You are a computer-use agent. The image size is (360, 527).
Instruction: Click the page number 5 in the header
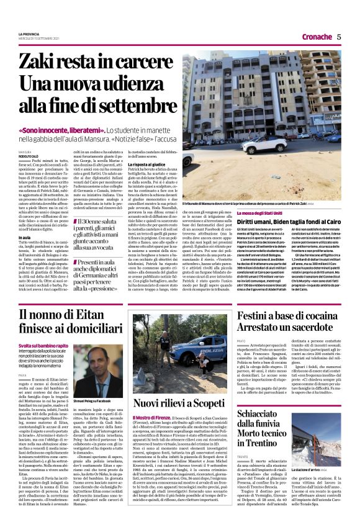tap(339, 37)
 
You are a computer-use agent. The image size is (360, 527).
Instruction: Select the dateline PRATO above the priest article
tap(242, 341)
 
